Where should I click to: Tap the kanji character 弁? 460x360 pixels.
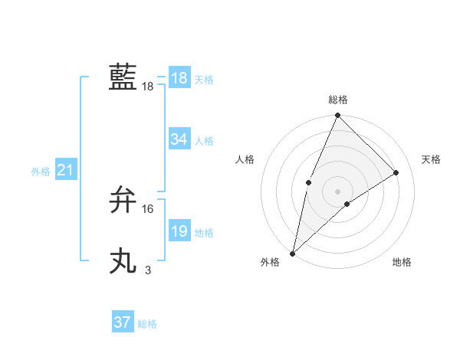(x=123, y=200)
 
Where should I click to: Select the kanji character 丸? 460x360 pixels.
(x=123, y=261)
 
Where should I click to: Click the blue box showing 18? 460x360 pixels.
(x=179, y=78)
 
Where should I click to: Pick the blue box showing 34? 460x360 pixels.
(x=179, y=139)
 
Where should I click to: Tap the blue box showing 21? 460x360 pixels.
(x=64, y=171)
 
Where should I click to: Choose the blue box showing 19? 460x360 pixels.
(x=179, y=231)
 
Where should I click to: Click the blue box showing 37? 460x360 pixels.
(x=122, y=322)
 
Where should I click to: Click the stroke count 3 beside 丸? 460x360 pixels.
(x=148, y=270)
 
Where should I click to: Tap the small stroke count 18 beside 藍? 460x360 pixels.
(x=147, y=87)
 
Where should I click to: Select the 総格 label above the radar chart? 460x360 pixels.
(x=337, y=100)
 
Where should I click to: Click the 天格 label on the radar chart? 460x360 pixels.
(x=431, y=159)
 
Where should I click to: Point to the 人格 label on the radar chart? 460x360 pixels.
(x=245, y=159)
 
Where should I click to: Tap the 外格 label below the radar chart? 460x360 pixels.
(x=270, y=263)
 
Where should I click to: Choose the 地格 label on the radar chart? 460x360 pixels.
(x=402, y=263)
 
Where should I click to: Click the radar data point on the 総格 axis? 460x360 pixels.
(x=337, y=116)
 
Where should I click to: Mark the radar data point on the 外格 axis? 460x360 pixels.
(x=293, y=253)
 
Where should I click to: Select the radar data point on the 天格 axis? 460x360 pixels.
(x=396, y=172)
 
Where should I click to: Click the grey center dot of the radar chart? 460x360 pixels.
(x=337, y=191)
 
